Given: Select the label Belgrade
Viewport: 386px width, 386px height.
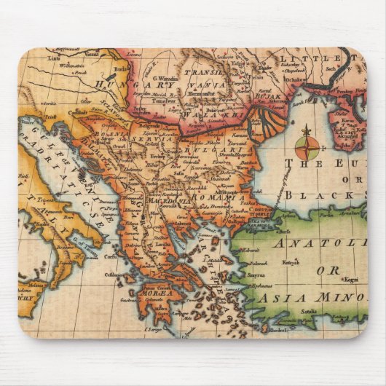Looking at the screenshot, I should tap(149, 125).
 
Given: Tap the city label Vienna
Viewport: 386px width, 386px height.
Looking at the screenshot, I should tap(90, 53).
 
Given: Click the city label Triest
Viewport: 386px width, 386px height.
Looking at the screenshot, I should tap(50, 116).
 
